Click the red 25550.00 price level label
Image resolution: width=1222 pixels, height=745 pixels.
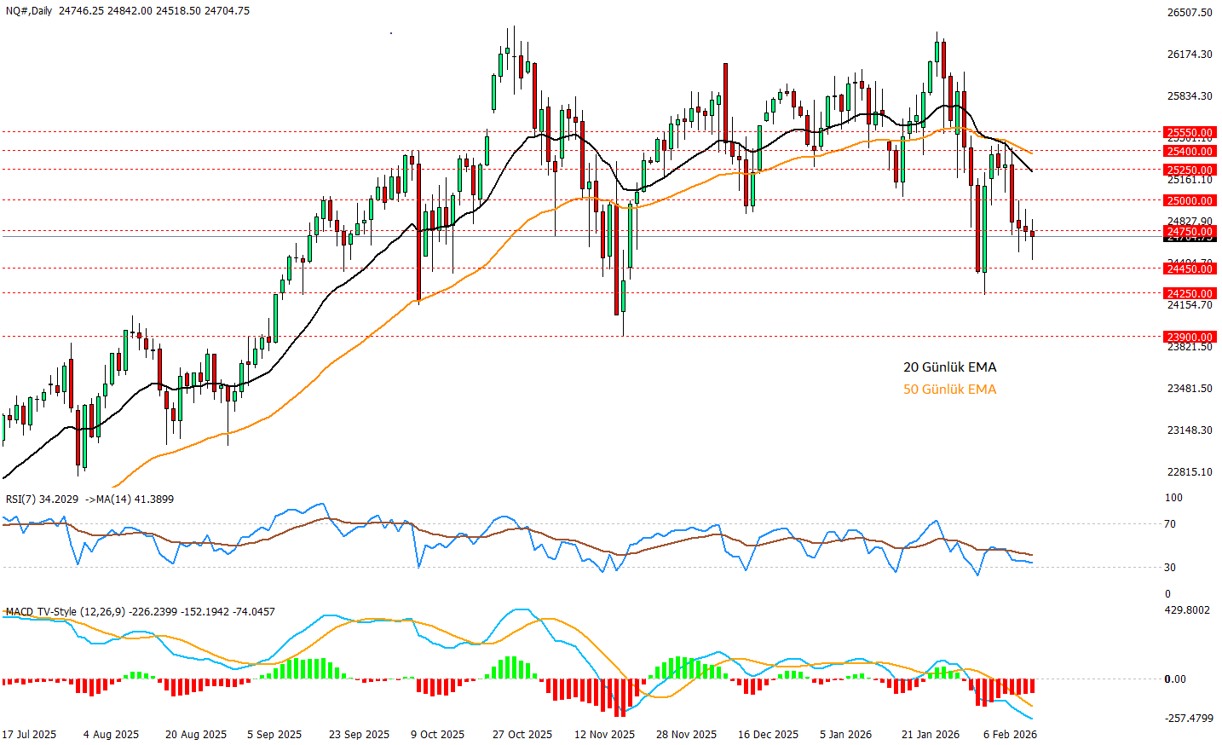[1190, 133]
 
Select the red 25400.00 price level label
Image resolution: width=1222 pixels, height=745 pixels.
[1190, 152]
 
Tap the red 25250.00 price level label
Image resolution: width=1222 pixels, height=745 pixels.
[1190, 170]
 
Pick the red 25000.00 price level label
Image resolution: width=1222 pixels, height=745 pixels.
[1190, 201]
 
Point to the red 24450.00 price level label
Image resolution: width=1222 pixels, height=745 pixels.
[1190, 269]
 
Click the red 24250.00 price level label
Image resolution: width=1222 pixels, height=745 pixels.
[1190, 294]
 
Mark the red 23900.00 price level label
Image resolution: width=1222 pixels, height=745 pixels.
[1190, 338]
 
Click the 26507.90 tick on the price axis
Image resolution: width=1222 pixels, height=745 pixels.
[1190, 13]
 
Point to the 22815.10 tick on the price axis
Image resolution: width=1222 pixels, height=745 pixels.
[1190, 472]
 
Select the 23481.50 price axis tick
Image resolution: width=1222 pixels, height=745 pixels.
[1190, 389]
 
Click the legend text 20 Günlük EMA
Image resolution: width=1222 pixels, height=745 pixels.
[949, 367]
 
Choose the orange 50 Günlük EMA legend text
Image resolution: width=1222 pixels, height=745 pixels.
[949, 390]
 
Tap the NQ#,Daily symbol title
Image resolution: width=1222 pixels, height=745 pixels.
[28, 11]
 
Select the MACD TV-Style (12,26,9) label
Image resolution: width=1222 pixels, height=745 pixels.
[65, 612]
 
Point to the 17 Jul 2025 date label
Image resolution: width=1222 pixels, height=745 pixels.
[29, 735]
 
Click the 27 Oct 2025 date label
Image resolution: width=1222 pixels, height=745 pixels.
[522, 735]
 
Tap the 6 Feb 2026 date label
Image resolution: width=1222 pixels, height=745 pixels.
[1010, 735]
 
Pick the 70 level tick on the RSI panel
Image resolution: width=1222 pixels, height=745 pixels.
[1170, 524]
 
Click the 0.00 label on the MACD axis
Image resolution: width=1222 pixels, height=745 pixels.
[1175, 679]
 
